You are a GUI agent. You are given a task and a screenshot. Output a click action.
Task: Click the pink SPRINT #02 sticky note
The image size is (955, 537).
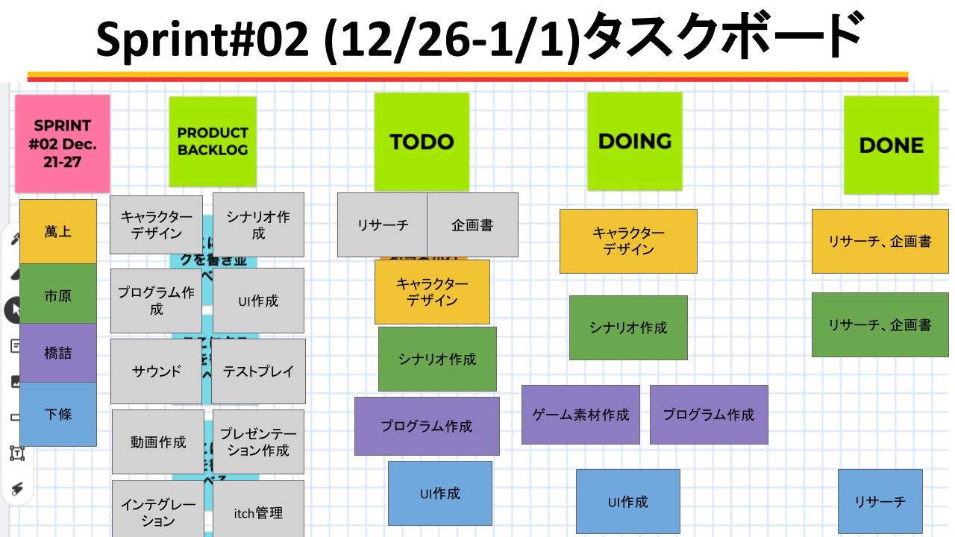[x=63, y=143]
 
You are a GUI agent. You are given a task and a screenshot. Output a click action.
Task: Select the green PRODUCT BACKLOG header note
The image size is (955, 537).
[x=213, y=141]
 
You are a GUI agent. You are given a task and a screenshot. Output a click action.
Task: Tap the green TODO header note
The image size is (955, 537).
[x=422, y=142]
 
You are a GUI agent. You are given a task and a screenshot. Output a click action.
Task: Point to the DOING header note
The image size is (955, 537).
[x=634, y=141]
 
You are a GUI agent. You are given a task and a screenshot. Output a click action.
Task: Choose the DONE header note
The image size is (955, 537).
[x=891, y=145]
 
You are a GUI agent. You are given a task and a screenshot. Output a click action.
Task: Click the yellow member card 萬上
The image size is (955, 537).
[x=58, y=232]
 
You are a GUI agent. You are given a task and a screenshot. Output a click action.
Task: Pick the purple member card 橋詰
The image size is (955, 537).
[x=58, y=353]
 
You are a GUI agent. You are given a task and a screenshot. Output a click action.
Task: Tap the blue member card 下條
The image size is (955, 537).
[x=58, y=414]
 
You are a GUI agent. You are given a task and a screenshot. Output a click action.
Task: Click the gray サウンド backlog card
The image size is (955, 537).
[x=157, y=371]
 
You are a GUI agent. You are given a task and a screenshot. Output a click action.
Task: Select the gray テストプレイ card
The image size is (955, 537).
[x=259, y=371]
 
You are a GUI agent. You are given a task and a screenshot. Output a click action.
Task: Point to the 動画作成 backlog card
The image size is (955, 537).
[x=158, y=442]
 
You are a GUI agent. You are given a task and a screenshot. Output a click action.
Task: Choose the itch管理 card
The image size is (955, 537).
[x=259, y=512]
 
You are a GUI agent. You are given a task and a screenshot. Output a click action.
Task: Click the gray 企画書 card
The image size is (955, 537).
[x=472, y=224]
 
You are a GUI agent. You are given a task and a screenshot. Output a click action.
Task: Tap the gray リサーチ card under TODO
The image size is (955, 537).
[x=382, y=224]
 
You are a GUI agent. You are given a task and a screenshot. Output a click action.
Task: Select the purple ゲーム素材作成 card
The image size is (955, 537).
[x=580, y=415]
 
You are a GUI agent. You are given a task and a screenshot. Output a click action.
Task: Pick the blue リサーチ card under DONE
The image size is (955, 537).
[x=880, y=501]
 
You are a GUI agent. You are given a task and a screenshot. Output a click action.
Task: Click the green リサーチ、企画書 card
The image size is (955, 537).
[x=880, y=324]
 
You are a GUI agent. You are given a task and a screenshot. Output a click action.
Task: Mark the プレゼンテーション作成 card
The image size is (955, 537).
[x=259, y=442]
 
